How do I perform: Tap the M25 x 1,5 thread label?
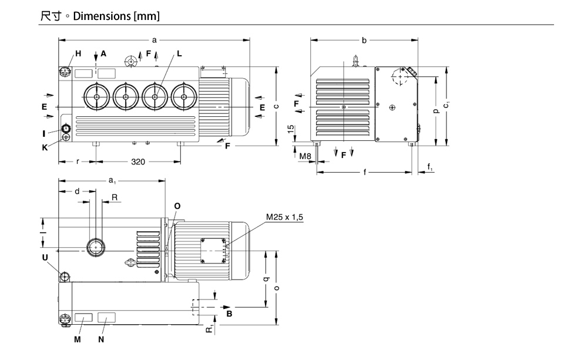point(285,217)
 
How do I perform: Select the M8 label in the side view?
point(305,156)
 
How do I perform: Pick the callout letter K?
point(45,147)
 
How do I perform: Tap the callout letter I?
point(43,133)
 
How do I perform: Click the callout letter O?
point(177,206)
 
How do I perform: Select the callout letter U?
point(45,257)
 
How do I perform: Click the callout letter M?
point(76,339)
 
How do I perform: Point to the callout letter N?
point(101,339)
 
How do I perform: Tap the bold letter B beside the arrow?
point(230,314)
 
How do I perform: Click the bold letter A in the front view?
point(103,53)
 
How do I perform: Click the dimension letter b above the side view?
point(364,41)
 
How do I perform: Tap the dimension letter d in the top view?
point(76,191)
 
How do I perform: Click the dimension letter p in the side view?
point(435,110)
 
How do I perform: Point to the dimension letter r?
point(78,161)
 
